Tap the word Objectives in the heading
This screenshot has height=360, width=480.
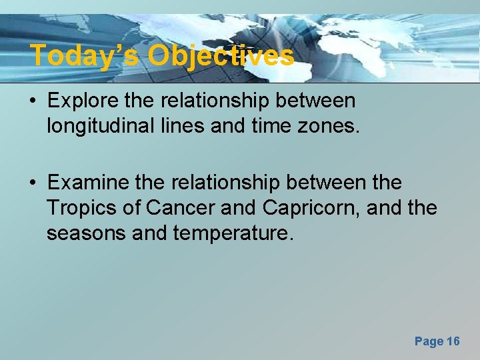[221, 55]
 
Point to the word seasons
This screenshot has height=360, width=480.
[86, 233]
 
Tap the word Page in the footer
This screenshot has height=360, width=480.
[428, 341]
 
